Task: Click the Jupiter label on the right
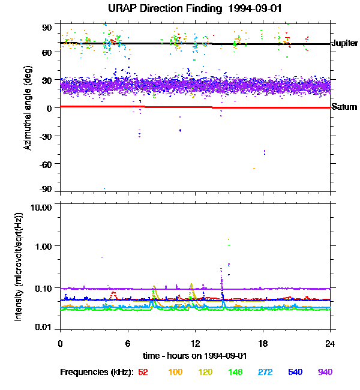(344, 44)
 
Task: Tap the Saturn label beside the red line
(344, 107)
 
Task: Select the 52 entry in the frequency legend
(143, 372)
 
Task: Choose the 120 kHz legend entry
(206, 372)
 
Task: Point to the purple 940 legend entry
(325, 372)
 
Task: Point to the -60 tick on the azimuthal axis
(46, 163)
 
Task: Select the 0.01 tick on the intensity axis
(43, 328)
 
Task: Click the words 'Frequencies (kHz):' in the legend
(96, 372)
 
